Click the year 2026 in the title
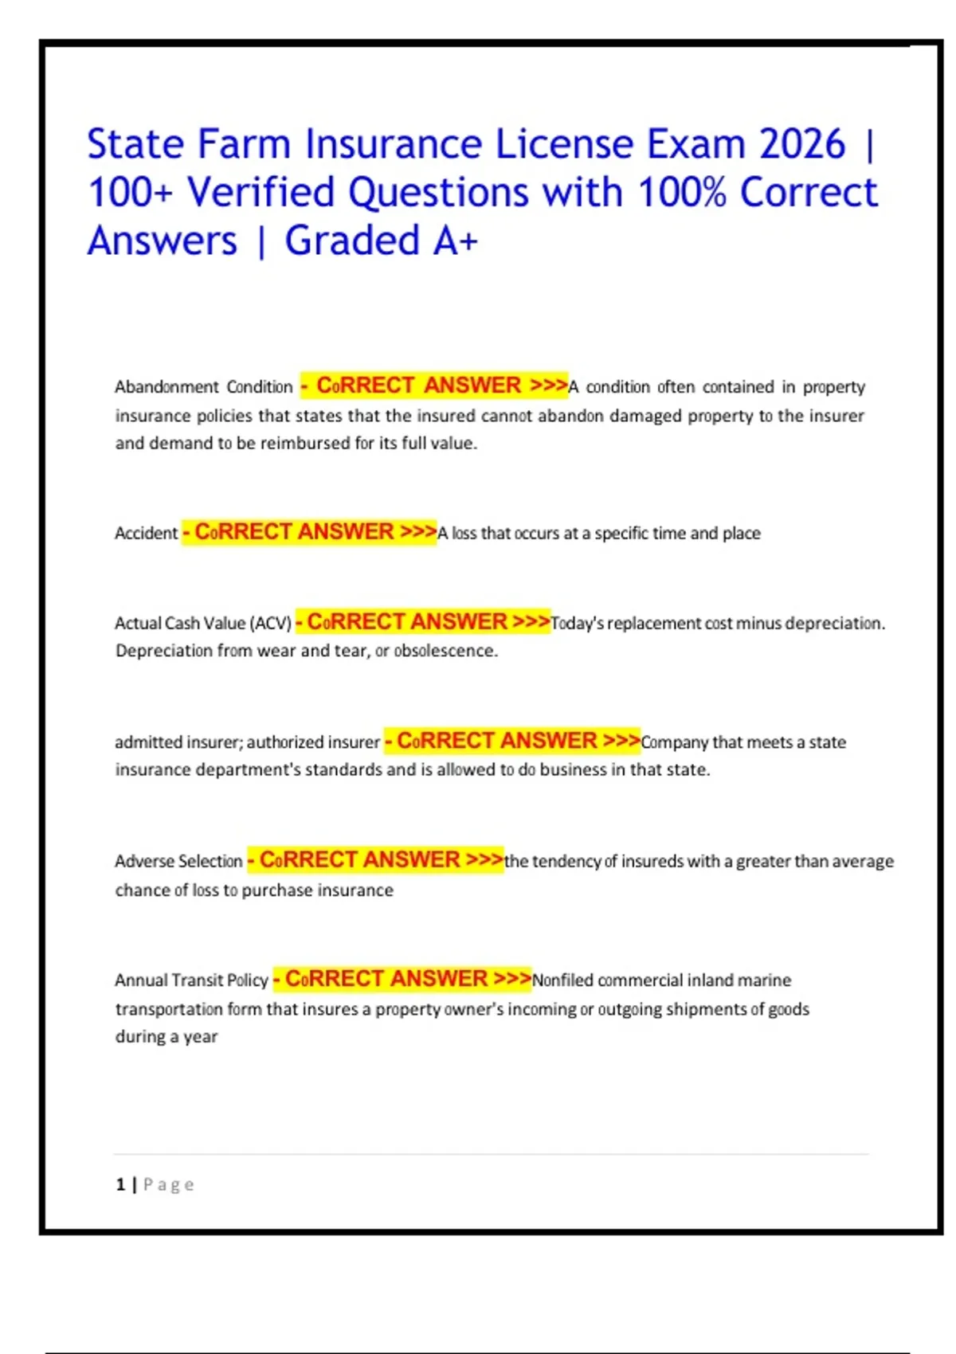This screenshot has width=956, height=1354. point(801,145)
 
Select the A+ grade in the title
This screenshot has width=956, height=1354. point(455,241)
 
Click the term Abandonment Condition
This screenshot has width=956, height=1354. point(203,387)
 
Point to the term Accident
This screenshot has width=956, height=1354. point(146,534)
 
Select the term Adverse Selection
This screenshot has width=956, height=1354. point(178,861)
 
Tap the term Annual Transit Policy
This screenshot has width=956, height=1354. point(191,980)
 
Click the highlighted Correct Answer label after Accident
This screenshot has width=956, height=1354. point(310,532)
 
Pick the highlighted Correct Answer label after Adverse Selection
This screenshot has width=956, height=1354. point(375,860)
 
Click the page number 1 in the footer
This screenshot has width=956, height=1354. point(120,1184)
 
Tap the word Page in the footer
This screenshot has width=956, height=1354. point(169,1184)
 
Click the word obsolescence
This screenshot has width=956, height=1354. point(445,651)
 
